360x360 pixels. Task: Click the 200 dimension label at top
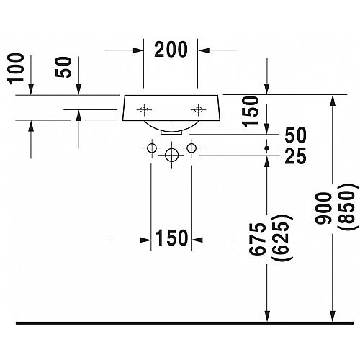click(x=171, y=50)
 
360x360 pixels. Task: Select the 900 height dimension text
click(x=323, y=208)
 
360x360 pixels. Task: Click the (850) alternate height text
click(x=346, y=207)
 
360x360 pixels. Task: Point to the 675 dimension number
click(x=258, y=239)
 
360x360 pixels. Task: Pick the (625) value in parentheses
click(x=282, y=238)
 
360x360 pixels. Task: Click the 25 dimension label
click(x=295, y=156)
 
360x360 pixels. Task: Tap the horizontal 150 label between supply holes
click(x=171, y=238)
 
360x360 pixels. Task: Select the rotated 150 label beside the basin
click(x=251, y=112)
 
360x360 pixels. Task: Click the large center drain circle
click(x=171, y=155)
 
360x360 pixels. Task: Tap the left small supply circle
click(x=152, y=148)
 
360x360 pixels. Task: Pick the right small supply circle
click(x=192, y=148)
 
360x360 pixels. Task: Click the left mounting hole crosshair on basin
click(x=144, y=109)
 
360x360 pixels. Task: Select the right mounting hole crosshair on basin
click(x=198, y=109)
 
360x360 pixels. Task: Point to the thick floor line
click(x=184, y=323)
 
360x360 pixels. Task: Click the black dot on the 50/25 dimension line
click(x=267, y=148)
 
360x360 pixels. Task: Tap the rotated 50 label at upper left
click(x=63, y=67)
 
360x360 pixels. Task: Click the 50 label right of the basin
click(x=295, y=135)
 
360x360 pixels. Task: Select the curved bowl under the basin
click(x=171, y=127)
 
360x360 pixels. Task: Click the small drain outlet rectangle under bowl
click(x=171, y=132)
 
